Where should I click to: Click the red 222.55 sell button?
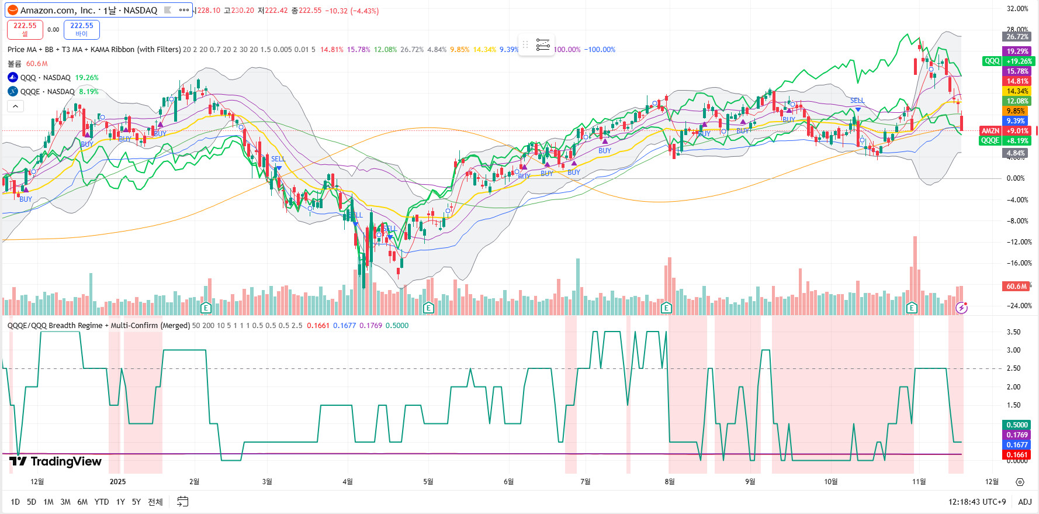pos(25,29)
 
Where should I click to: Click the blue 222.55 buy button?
pos(81,29)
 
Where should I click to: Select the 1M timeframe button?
pos(49,502)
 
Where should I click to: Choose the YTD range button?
pos(102,502)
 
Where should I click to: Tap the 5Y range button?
pos(136,502)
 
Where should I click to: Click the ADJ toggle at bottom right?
pos(1024,502)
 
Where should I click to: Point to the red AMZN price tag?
pos(990,131)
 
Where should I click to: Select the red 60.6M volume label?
pos(1016,287)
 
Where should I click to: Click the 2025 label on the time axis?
pos(117,481)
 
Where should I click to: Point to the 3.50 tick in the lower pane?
pos(1013,332)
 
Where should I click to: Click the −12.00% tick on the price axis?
pos(1019,242)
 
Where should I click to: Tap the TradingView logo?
pos(56,461)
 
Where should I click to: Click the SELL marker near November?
pos(857,101)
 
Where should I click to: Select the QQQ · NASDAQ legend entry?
pos(45,78)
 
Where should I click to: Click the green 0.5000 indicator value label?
pos(1017,425)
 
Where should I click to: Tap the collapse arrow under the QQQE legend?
pos(15,106)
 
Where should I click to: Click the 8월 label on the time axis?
pos(670,481)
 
